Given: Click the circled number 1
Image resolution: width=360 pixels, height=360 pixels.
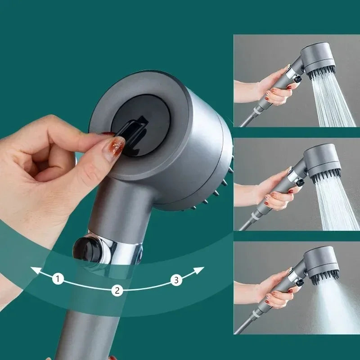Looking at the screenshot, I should coord(57,279).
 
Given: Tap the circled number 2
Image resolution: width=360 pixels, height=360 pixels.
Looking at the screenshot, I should coord(117,290).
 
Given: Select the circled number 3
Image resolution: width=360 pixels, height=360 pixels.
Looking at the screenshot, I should coord(176,280).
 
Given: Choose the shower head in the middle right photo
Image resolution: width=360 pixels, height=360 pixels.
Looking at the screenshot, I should coord(320,162).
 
